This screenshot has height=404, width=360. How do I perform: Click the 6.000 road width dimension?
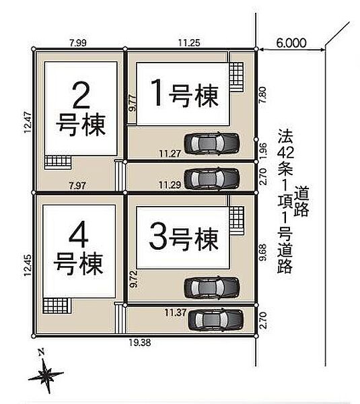coord(291,43)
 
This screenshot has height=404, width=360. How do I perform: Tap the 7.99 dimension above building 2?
coord(78,43)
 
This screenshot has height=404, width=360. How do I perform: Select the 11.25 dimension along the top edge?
coord(189,43)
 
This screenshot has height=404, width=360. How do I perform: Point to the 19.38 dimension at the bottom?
coord(140,343)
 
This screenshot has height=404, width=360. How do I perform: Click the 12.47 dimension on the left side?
coord(28,123)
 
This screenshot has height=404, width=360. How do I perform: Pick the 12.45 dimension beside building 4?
coord(28,265)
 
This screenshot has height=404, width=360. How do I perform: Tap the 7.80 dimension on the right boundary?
coord(262,95)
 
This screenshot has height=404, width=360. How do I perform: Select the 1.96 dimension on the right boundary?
coord(262,151)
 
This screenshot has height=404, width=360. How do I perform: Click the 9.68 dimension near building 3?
coord(262,252)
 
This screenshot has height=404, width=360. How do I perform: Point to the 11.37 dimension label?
coord(176,313)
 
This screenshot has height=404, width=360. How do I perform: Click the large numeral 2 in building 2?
coord(81,96)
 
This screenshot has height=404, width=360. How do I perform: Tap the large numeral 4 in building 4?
coord(79,234)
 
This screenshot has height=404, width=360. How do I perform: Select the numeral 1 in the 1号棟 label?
coord(157,93)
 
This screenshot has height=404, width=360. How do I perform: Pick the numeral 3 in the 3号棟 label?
coord(158,236)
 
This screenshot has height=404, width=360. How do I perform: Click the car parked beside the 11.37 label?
coord(216,321)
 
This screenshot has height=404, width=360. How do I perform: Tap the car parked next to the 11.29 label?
coord(212,178)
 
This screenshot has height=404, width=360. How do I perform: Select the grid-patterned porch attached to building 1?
coord(236,76)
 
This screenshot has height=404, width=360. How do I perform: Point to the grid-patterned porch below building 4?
coord(57,306)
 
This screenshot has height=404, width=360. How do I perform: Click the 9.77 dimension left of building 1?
coord(133,103)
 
